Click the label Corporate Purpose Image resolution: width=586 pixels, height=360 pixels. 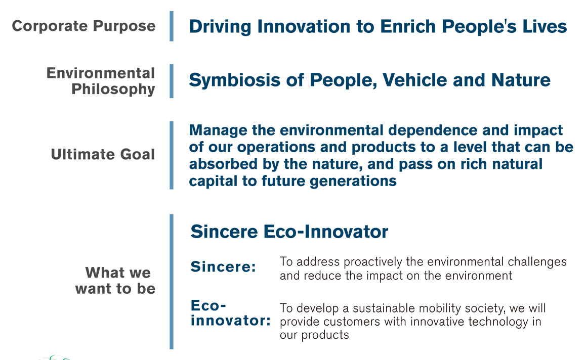[x=83, y=26]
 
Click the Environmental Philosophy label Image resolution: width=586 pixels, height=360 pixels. [x=101, y=81]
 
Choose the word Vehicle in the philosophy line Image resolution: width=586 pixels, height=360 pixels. [x=414, y=80]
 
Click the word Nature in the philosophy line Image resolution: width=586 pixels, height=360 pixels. [x=521, y=80]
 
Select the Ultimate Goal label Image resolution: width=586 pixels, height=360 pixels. [x=103, y=154]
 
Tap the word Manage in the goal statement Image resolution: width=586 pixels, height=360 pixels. [x=218, y=130]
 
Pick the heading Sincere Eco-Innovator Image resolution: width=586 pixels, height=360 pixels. [x=289, y=232]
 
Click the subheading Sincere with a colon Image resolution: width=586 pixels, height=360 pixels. [x=223, y=266]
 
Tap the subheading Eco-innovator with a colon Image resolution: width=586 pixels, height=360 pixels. [x=231, y=313]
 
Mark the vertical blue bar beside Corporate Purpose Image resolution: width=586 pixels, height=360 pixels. [x=172, y=26]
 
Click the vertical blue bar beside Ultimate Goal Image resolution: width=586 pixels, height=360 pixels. [x=172, y=155]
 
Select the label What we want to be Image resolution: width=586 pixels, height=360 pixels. [x=115, y=281]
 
